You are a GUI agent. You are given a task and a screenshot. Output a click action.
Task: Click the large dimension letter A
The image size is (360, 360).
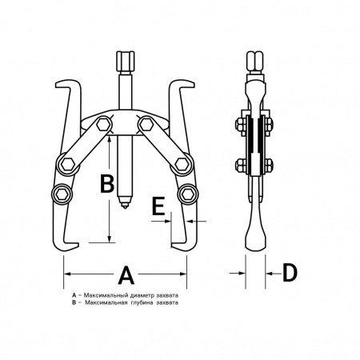(126, 274)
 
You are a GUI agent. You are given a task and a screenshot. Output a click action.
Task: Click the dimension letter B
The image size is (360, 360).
(107, 183)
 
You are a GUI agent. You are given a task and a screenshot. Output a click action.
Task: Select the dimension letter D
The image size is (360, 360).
(290, 273)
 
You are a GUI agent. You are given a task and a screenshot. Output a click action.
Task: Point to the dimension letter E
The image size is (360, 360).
(158, 206)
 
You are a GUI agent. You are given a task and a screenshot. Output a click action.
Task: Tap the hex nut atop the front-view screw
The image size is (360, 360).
(125, 61)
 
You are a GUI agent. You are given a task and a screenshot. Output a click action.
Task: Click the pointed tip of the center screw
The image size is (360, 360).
(125, 207)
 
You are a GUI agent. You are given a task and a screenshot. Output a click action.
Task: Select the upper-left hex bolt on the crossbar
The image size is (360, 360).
(104, 124)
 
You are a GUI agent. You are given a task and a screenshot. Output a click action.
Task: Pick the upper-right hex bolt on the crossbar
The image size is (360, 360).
(145, 124)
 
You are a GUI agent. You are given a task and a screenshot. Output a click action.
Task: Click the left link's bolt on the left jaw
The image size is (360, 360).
(67, 164)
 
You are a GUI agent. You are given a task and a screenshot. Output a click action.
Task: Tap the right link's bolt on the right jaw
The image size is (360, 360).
(182, 163)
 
